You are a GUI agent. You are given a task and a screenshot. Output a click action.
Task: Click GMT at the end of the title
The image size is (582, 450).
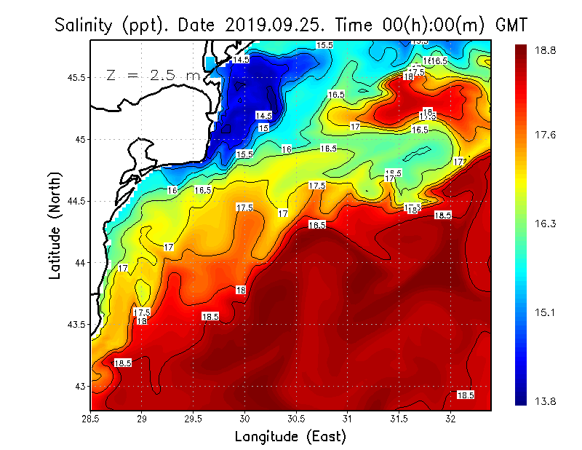click(512, 25)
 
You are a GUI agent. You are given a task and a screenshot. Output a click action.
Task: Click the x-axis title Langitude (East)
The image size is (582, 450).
click(290, 437)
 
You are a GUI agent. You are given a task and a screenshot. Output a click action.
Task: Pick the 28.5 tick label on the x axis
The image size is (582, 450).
click(91, 419)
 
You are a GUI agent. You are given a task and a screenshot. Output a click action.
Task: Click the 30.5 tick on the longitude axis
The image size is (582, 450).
click(296, 419)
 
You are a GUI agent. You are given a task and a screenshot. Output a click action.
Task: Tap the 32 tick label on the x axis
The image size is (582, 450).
click(451, 419)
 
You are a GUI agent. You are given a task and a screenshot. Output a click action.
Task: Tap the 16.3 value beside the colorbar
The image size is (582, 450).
click(544, 224)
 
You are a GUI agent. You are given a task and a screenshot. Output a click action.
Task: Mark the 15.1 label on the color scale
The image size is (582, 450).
click(544, 313)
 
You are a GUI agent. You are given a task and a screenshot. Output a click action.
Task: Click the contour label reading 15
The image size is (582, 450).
click(263, 127)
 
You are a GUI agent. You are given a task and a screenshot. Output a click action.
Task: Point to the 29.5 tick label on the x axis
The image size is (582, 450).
click(194, 419)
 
